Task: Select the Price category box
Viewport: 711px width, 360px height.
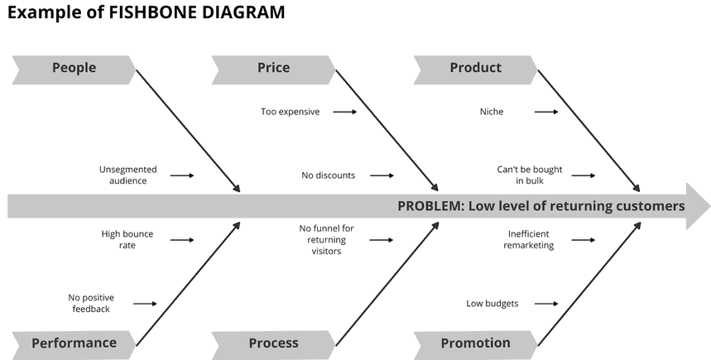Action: (x=273, y=69)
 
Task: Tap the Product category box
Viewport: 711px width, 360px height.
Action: (x=475, y=69)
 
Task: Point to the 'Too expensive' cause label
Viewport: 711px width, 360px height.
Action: (x=290, y=112)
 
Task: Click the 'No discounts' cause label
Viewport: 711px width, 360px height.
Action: (x=328, y=175)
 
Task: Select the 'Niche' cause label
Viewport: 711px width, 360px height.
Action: (x=491, y=112)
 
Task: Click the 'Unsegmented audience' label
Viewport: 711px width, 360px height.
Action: (x=127, y=175)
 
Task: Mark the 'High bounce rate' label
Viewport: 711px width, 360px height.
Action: (x=127, y=239)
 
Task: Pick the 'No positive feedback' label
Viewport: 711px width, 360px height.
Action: (x=91, y=303)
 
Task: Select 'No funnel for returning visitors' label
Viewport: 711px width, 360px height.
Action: (x=326, y=239)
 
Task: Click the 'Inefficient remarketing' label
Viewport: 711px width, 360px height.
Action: (x=529, y=239)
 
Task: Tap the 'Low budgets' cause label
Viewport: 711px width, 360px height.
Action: (x=492, y=304)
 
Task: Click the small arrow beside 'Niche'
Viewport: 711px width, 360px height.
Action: (x=546, y=112)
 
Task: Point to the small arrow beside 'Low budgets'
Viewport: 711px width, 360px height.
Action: (x=546, y=304)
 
